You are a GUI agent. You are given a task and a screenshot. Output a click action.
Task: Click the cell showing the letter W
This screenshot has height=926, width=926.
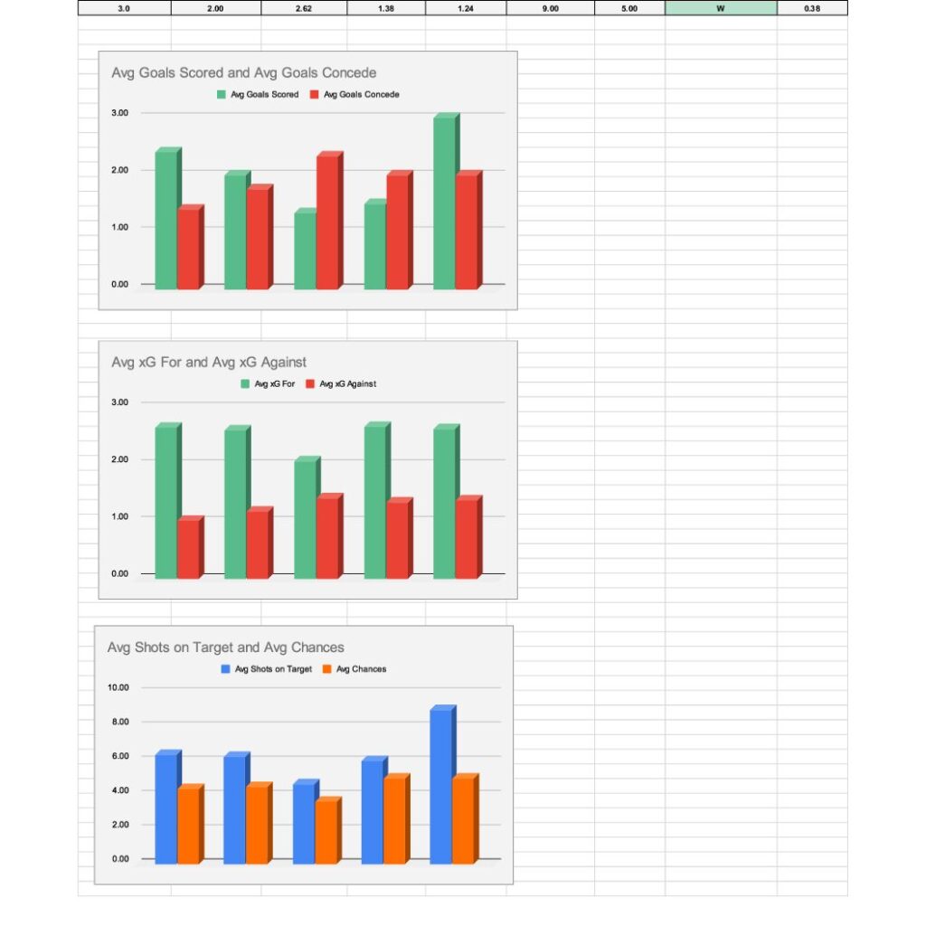pyautogui.click(x=720, y=8)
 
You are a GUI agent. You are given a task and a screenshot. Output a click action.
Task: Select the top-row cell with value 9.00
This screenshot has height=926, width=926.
pyautogui.click(x=550, y=8)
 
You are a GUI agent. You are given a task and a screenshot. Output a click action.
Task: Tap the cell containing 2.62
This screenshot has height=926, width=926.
pyautogui.click(x=304, y=8)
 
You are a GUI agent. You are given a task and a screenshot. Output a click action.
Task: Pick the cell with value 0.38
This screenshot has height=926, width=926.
pyautogui.click(x=812, y=8)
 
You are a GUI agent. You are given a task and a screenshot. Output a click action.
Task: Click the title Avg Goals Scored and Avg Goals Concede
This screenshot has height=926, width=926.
pyautogui.click(x=243, y=72)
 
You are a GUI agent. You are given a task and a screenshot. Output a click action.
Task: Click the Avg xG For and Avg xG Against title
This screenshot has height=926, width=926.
pyautogui.click(x=209, y=363)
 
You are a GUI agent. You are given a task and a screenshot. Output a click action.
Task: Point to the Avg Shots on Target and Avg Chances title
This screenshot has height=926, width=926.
pyautogui.click(x=225, y=647)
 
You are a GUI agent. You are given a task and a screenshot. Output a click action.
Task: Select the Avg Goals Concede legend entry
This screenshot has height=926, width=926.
pyautogui.click(x=360, y=94)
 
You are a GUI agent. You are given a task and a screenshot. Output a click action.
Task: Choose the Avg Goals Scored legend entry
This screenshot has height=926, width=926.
pyautogui.click(x=263, y=94)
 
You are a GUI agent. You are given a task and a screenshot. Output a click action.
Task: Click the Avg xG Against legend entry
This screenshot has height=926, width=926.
pyautogui.click(x=347, y=383)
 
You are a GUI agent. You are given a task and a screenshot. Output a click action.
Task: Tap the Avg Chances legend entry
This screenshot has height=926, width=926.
pyautogui.click(x=360, y=669)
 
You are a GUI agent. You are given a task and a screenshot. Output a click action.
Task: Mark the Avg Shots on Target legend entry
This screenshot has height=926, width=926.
pyautogui.click(x=272, y=669)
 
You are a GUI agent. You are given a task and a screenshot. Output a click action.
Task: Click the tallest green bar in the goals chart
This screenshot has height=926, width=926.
pyautogui.click(x=444, y=203)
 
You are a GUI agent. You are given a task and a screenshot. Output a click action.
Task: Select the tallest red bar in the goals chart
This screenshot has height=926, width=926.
pyautogui.click(x=327, y=222)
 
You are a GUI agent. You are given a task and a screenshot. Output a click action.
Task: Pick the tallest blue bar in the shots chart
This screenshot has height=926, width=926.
pyautogui.click(x=440, y=785)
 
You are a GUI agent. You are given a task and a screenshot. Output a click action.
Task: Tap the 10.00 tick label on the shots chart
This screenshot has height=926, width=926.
pyautogui.click(x=118, y=687)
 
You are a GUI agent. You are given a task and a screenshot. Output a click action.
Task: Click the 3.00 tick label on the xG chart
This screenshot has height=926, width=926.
pyautogui.click(x=120, y=402)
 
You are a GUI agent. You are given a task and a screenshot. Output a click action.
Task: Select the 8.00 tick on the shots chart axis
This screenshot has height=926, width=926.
pyautogui.click(x=118, y=722)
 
